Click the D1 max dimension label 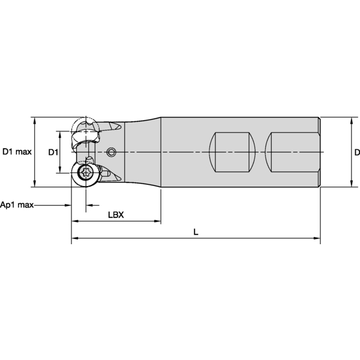pos(17,152)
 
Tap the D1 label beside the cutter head pos(53,152)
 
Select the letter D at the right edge pos(356,152)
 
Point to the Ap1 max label pos(17,205)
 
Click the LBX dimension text pos(115,215)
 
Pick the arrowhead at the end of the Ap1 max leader pos(68,205)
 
